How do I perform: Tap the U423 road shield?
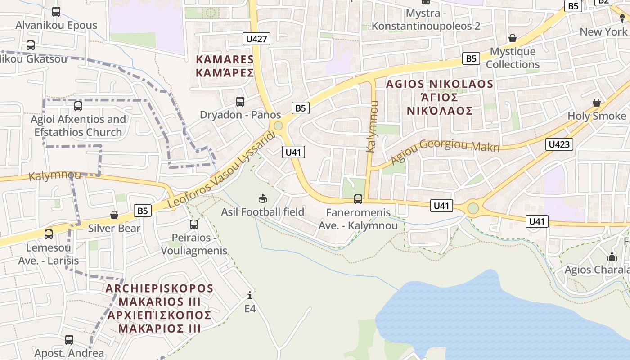point(560,144)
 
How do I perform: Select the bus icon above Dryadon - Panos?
point(240,102)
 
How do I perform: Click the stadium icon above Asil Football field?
point(263,198)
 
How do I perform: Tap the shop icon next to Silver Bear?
point(114,215)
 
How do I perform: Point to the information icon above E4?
point(250,295)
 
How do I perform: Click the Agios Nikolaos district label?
point(440,97)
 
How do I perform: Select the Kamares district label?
point(225,66)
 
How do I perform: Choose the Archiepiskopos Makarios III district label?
point(159,308)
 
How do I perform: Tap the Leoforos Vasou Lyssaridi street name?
point(221,170)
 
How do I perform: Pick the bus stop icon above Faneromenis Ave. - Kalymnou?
point(358,199)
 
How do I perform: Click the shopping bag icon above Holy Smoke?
point(597,103)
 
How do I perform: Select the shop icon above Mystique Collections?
point(512,38)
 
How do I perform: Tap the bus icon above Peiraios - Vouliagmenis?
point(194,224)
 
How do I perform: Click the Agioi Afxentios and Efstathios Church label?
point(78,126)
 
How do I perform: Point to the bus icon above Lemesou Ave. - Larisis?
point(48,234)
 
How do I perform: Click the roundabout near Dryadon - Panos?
point(278,126)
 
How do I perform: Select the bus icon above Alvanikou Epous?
point(56,12)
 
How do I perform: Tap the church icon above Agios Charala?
point(612,257)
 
